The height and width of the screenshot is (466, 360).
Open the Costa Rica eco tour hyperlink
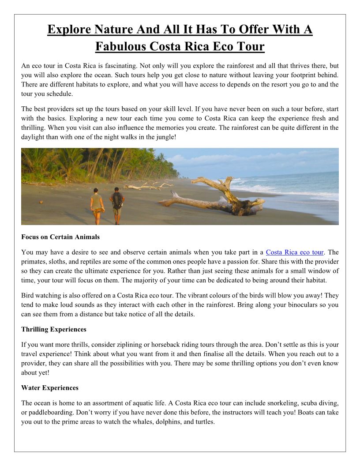pyautogui.click(x=295, y=252)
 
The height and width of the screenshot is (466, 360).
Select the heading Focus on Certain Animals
pyautogui.click(x=60, y=237)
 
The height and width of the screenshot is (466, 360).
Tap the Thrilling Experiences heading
pyautogui.click(x=54, y=329)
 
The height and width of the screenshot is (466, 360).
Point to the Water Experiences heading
pyautogui.click(x=50, y=388)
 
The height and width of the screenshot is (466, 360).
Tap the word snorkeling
pyautogui.click(x=282, y=403)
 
